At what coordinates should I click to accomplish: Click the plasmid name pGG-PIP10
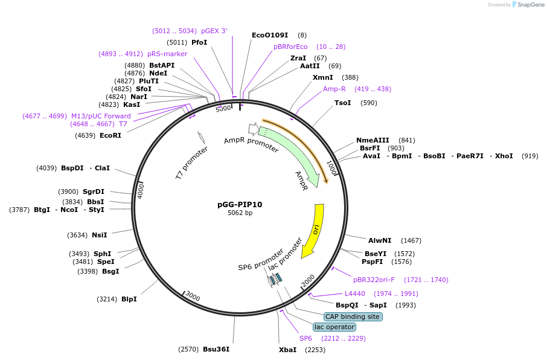[240, 205]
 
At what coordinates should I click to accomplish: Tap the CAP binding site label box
[353, 317]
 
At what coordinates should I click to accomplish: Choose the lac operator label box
[334, 327]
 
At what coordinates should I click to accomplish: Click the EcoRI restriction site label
[110, 135]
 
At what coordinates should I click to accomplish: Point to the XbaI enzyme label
[287, 350]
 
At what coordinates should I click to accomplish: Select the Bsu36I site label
[216, 349]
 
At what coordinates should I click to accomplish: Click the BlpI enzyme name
[129, 299]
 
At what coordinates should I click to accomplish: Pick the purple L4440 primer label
[355, 294]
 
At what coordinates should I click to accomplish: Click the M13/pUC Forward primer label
[101, 116]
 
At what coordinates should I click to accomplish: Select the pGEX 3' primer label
[214, 31]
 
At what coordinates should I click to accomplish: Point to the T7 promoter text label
[191, 162]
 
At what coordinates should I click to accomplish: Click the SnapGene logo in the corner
[527, 5]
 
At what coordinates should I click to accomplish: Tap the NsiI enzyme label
[100, 235]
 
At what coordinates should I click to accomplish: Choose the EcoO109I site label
[270, 35]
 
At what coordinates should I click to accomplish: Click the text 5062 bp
[240, 213]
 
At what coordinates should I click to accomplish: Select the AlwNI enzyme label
[380, 240]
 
